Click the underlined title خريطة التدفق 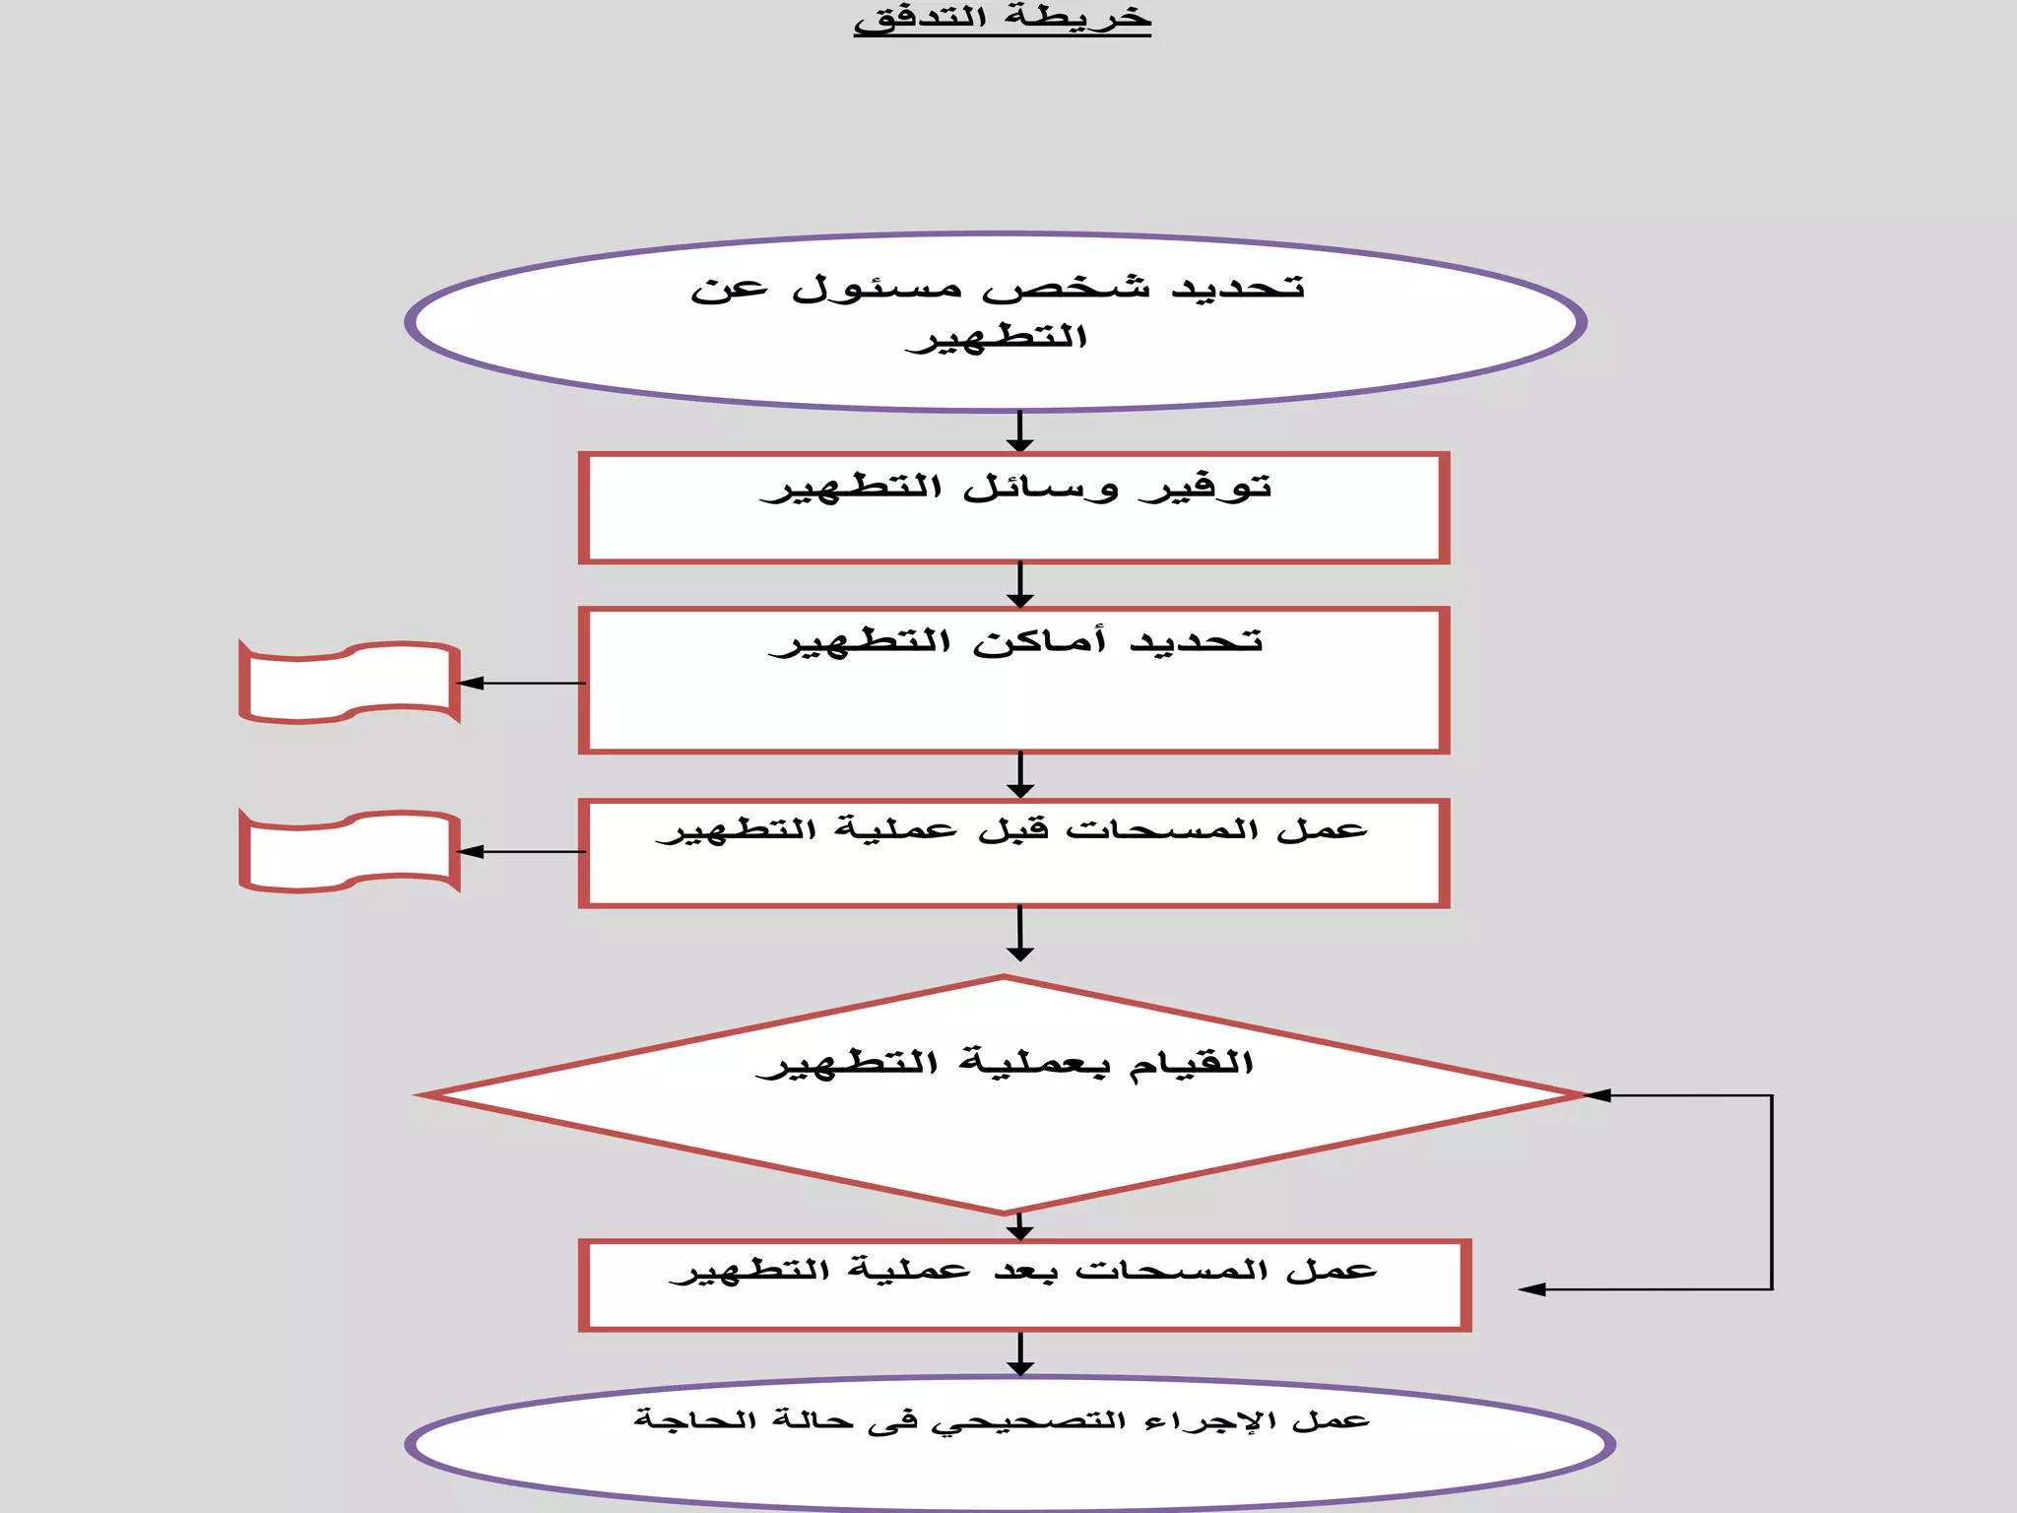[x=1002, y=20]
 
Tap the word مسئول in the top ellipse [x=878, y=289]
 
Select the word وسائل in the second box [x=1040, y=488]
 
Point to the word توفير [x=1205, y=488]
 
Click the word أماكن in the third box [x=1040, y=642]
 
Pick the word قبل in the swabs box [x=1013, y=830]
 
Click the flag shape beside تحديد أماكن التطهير [x=350, y=683]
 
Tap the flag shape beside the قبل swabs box [x=350, y=852]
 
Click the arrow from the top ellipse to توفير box [x=1020, y=431]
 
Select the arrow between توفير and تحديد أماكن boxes [x=1020, y=585]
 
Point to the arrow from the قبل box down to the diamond [x=1020, y=933]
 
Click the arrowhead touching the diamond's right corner [x=1597, y=1095]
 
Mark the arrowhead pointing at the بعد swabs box [x=1532, y=1289]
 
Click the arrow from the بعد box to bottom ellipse [x=1020, y=1354]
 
